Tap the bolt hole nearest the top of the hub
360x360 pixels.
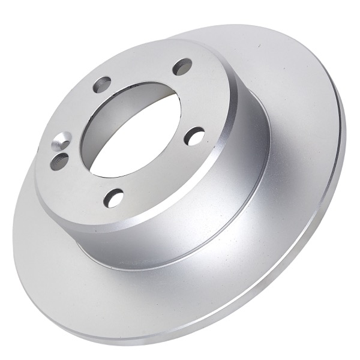pos(182,67)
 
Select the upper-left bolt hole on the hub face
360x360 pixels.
pos(103,85)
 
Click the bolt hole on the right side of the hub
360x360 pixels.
pos(194,136)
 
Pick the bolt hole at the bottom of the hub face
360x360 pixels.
pos(114,197)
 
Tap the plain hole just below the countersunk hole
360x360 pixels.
pos(59,161)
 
